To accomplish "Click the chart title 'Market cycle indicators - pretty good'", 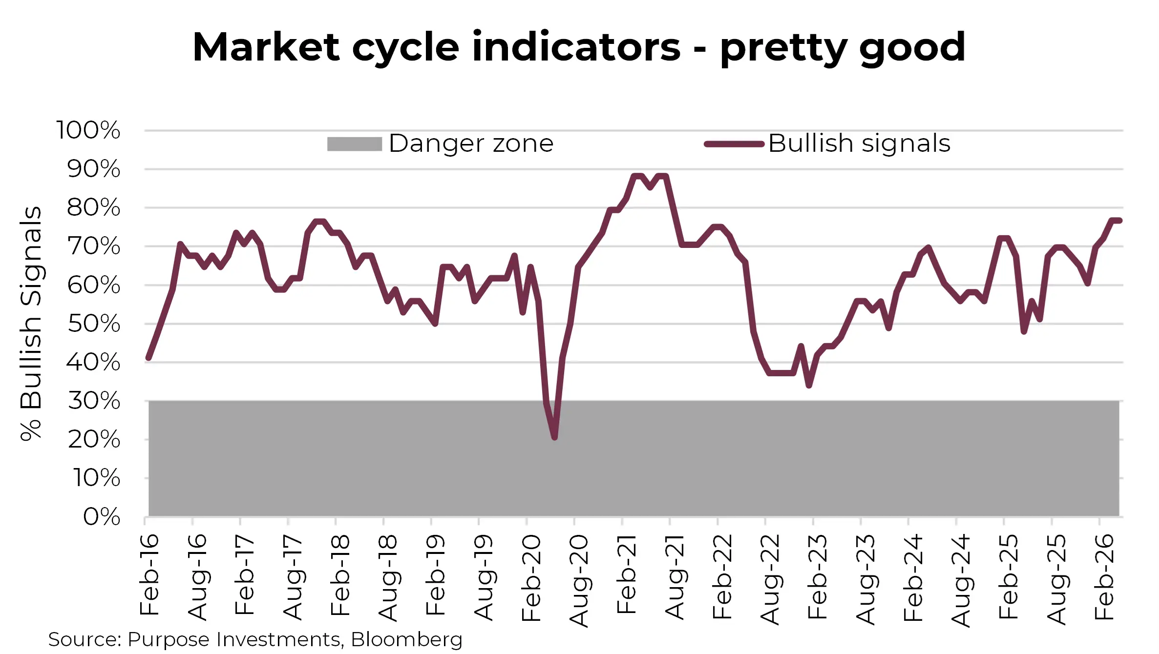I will [x=579, y=47].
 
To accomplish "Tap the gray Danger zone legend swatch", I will [x=354, y=144].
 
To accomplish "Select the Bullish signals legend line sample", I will [x=734, y=144].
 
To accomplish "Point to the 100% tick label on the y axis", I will [x=88, y=130].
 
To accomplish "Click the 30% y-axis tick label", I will [x=94, y=401].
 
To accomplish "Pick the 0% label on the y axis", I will [x=102, y=516].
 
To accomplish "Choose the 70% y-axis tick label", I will [x=94, y=246].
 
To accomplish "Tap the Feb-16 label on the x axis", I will [x=149, y=574].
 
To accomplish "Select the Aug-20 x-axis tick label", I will [x=579, y=580].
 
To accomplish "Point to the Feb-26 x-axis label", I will [x=1104, y=577].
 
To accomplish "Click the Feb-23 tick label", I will [x=818, y=577].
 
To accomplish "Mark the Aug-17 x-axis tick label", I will [x=293, y=577].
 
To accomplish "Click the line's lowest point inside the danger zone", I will [x=555, y=438].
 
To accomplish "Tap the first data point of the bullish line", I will [x=149, y=358].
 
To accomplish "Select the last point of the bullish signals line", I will [x=1119, y=221].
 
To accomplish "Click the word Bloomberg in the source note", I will [x=406, y=639].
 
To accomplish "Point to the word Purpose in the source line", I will [x=169, y=639].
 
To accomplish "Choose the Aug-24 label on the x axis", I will [x=961, y=580].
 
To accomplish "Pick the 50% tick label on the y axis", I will [x=94, y=324].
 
